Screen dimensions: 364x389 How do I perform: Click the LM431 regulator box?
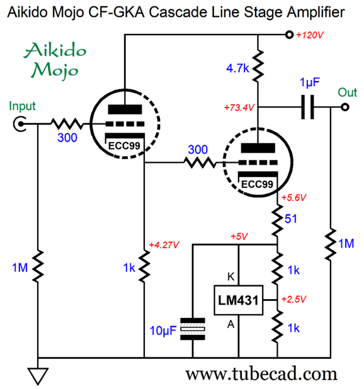click(238, 300)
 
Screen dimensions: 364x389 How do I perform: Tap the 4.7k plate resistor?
click(258, 66)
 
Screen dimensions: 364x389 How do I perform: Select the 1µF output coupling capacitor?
click(307, 107)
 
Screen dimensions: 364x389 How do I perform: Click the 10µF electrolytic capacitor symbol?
click(193, 329)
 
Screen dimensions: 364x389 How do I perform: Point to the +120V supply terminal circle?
click(289, 35)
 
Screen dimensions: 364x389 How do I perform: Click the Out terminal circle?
click(345, 107)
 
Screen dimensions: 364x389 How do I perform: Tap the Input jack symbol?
click(20, 124)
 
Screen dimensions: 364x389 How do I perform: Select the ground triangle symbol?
click(38, 376)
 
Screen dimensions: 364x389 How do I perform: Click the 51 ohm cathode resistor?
click(277, 221)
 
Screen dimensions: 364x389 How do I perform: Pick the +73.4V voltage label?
click(239, 107)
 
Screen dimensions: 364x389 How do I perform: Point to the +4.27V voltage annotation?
click(164, 245)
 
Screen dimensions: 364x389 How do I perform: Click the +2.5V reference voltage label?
click(293, 299)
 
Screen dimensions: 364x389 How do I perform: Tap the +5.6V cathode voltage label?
click(293, 198)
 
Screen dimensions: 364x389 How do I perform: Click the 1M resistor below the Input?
click(38, 266)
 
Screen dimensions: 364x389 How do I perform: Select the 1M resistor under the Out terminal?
click(331, 244)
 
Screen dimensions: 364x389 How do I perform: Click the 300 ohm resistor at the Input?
click(67, 124)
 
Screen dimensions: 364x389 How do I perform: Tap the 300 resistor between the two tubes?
click(200, 163)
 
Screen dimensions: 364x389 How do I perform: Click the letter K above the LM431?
click(230, 277)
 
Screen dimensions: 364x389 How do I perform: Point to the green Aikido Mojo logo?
click(55, 60)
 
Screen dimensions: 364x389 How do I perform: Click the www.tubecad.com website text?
click(261, 374)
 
